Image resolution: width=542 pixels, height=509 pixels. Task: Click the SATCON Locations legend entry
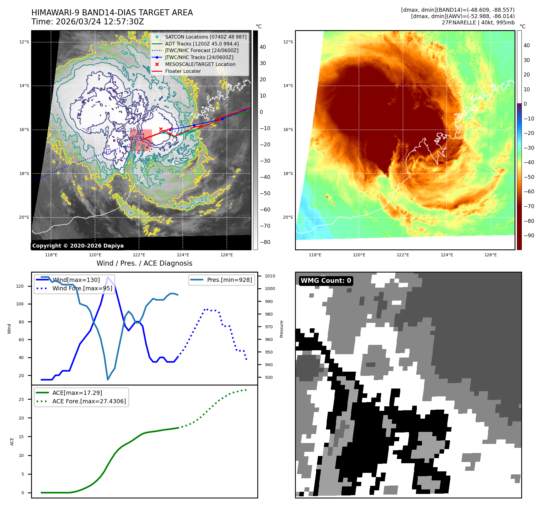click(205, 37)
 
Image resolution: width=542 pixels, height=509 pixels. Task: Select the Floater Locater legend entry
click(183, 71)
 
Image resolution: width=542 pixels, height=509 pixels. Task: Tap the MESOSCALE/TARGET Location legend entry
click(200, 64)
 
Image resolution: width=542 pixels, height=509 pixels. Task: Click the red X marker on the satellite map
click(161, 129)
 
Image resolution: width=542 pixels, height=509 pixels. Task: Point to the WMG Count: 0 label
click(326, 281)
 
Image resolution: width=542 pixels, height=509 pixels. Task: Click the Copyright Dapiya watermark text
click(78, 246)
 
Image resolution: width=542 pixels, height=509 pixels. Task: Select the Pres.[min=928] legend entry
click(229, 280)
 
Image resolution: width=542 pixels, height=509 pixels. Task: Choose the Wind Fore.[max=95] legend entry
click(82, 288)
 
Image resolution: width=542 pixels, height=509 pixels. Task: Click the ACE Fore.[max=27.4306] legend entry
click(89, 401)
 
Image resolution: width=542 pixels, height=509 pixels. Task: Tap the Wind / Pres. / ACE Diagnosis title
click(144, 263)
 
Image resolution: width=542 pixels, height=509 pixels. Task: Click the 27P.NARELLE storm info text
click(478, 23)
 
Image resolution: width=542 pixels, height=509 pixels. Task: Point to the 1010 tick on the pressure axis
click(270, 276)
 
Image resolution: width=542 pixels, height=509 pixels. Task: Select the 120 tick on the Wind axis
click(20, 286)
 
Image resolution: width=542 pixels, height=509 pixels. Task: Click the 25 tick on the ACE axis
click(21, 399)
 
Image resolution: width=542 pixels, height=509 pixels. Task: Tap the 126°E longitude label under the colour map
click(490, 255)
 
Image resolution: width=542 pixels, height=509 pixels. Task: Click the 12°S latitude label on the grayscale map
click(24, 42)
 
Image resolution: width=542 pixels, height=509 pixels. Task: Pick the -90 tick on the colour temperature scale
click(529, 236)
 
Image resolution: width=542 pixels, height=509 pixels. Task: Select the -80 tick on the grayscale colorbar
click(265, 242)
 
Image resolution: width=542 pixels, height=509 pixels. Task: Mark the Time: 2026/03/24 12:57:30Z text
click(88, 22)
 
